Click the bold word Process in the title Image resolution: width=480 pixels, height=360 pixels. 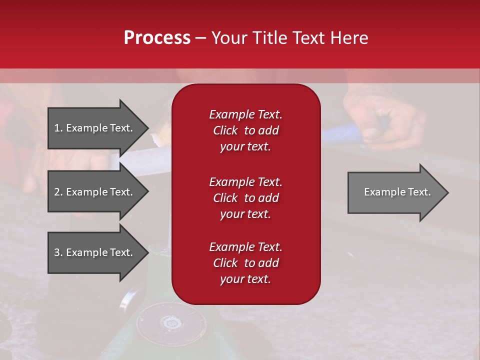(157, 38)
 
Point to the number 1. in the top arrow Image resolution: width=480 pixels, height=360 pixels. (58, 128)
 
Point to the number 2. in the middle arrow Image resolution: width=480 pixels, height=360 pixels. (58, 192)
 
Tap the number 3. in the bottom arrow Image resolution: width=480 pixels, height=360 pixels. (58, 252)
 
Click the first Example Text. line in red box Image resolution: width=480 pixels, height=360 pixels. (245, 114)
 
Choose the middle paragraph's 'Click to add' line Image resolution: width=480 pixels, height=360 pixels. (245, 198)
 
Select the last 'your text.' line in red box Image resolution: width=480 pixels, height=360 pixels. (245, 279)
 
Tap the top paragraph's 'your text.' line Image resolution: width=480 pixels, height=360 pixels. (245, 147)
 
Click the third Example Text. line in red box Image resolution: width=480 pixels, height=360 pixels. (245, 247)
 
